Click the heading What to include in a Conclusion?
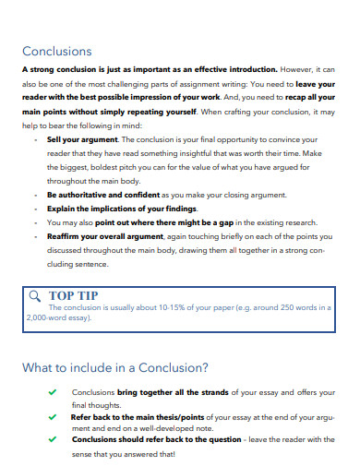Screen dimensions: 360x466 115,367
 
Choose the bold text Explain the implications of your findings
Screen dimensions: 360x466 121,209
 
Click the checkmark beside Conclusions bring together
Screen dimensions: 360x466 54,392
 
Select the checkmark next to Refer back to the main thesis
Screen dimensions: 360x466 54,416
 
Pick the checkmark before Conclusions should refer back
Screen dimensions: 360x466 54,440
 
